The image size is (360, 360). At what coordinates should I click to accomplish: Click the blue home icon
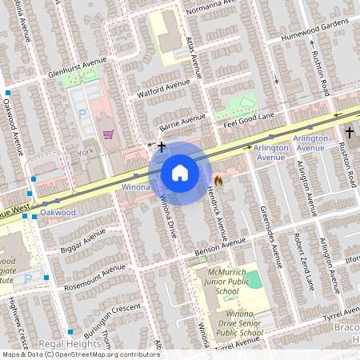(180, 172)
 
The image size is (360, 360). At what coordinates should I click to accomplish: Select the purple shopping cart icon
(108, 134)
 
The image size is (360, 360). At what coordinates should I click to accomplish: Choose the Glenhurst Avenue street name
(77, 69)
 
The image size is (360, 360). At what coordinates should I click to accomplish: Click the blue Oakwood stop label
(58, 213)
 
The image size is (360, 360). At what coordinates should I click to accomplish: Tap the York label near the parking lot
(86, 150)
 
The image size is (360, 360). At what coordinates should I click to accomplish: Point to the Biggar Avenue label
(82, 240)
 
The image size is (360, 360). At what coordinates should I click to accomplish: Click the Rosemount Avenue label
(97, 274)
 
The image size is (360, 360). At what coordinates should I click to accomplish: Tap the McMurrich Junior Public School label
(218, 282)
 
